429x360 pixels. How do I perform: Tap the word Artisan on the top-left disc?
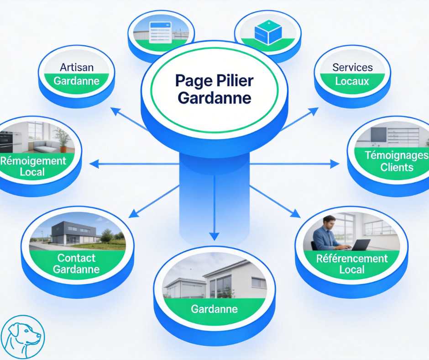77,67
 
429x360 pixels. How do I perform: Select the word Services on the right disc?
352,68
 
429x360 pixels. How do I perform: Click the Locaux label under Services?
352,82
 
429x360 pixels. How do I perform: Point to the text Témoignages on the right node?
397,155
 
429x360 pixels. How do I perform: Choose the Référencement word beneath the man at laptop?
352,258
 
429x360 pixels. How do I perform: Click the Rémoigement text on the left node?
33,161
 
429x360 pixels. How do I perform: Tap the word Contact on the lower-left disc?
76,257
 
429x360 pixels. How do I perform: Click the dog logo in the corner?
23,337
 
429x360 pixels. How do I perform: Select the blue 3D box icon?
268,33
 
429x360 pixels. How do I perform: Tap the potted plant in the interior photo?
62,137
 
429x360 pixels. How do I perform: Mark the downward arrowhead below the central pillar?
214,236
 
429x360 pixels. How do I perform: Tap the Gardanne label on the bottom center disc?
214,309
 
